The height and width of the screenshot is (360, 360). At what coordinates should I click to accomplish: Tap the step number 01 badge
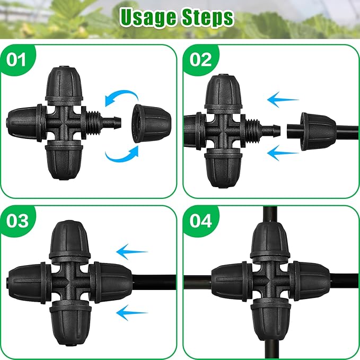tap(17, 59)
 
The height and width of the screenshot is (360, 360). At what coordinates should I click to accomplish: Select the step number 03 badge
tap(17, 220)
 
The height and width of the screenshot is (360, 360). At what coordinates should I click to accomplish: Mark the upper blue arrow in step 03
tap(132, 250)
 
